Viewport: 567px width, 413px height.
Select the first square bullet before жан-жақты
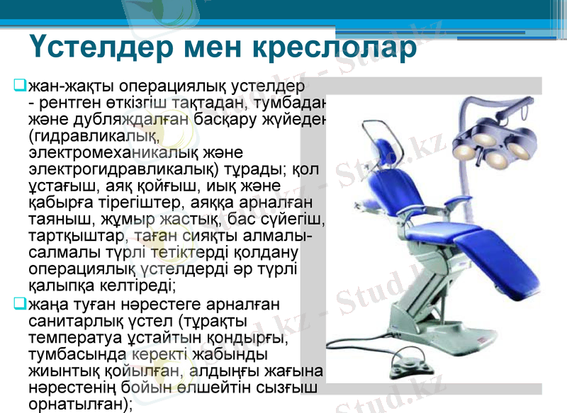point(20,86)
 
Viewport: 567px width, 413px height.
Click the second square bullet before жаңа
point(20,305)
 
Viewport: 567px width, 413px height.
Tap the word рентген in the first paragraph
point(67,103)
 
